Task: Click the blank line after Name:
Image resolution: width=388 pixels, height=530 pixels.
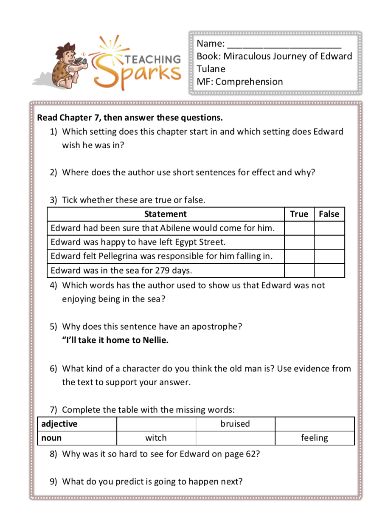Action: click(284, 44)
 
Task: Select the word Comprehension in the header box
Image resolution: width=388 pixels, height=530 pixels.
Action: click(249, 82)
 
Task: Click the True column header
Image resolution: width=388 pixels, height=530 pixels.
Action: click(299, 214)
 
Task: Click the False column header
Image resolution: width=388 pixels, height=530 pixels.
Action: click(329, 214)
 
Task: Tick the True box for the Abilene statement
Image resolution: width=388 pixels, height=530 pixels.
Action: click(299, 228)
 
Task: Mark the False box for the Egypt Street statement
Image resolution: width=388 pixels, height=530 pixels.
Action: click(329, 242)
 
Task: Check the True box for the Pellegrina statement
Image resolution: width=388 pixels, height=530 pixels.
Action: click(299, 256)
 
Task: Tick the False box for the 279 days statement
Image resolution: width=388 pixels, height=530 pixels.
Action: click(329, 270)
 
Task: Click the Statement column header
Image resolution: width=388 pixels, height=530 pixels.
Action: click(165, 214)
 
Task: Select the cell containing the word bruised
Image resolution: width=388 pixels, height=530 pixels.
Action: click(235, 424)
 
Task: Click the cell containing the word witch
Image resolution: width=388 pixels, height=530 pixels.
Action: click(156, 438)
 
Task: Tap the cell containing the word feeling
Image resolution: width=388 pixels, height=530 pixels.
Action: click(314, 438)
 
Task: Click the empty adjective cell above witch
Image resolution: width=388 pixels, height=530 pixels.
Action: click(156, 424)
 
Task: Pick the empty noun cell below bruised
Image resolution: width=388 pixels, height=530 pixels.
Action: click(235, 438)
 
